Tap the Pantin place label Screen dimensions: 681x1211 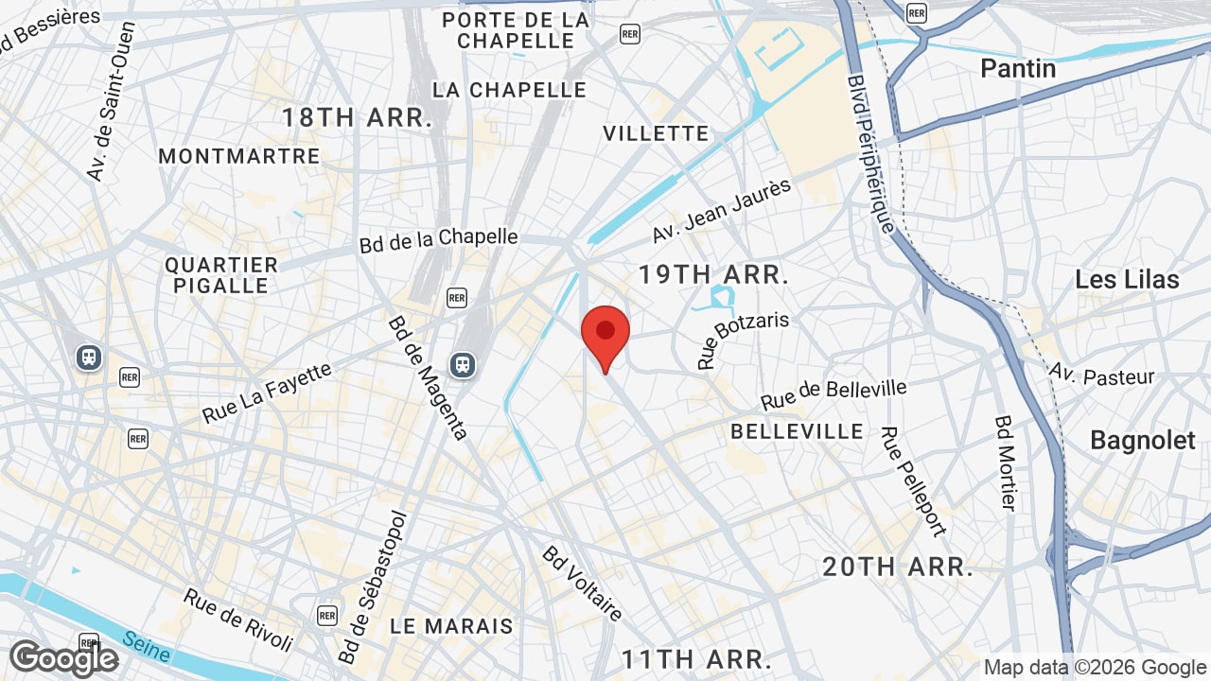[1018, 68]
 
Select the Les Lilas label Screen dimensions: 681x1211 [1127, 280]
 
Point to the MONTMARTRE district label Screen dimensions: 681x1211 [239, 156]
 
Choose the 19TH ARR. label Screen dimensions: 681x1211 [713, 275]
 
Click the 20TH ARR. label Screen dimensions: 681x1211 [898, 567]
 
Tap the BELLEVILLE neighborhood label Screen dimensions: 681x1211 [798, 431]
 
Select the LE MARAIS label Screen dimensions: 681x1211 [451, 626]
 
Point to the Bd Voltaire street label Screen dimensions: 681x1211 [583, 584]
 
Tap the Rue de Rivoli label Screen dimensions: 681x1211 [238, 620]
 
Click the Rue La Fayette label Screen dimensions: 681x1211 [267, 393]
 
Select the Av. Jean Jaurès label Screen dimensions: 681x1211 [721, 210]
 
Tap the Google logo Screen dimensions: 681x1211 [64, 659]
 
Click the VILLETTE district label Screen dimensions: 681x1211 [656, 133]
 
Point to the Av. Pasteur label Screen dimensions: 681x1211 [1101, 375]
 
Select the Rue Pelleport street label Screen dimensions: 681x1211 [913, 481]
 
